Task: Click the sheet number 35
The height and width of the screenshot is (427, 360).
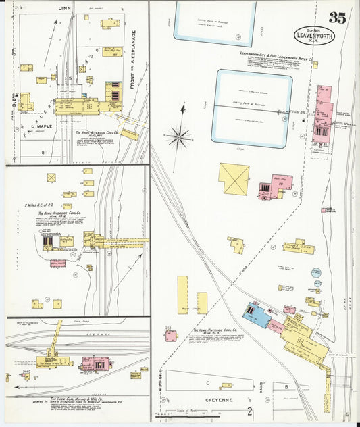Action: point(337,18)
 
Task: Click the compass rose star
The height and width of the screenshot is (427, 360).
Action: point(180,137)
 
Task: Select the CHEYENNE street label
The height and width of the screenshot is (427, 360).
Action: point(216,400)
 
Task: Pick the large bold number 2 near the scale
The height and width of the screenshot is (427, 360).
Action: point(250,410)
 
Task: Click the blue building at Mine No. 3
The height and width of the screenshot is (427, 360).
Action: point(257,314)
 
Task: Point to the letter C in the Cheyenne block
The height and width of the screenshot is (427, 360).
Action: point(207,384)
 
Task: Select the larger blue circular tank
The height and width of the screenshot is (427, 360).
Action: point(317,273)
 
